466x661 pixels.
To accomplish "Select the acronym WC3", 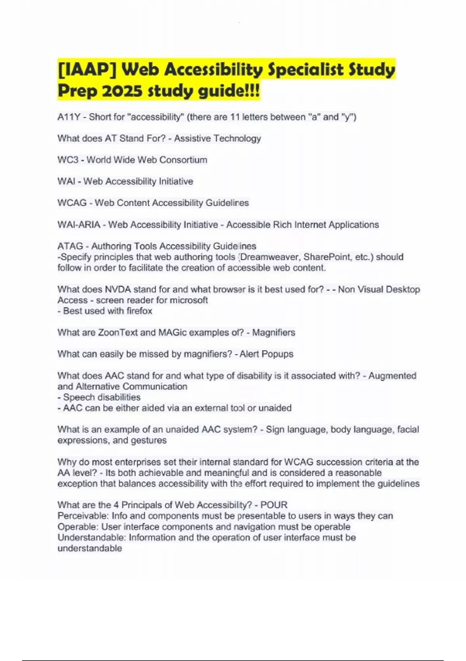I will click(x=68, y=160).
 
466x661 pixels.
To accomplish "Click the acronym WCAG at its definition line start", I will click(x=72, y=203).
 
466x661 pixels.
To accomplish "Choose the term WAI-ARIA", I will click(x=79, y=225).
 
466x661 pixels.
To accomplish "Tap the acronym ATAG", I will click(x=70, y=246).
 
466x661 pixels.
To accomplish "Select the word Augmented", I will click(x=392, y=376).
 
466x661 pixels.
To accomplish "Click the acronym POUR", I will click(x=274, y=505).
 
